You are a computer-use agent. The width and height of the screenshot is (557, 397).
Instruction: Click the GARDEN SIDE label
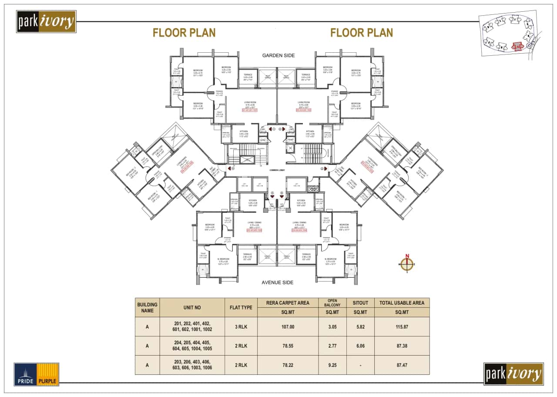tap(278, 55)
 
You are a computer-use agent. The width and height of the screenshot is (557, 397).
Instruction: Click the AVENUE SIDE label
tap(278, 282)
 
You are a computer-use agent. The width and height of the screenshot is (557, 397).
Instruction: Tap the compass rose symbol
tap(407, 264)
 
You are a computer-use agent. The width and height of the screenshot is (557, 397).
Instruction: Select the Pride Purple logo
tap(37, 374)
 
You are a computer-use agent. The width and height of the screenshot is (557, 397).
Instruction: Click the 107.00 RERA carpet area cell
tap(288, 327)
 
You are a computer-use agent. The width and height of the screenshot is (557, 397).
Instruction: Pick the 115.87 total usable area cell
tap(402, 327)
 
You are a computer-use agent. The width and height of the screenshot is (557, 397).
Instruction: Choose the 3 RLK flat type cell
tap(241, 327)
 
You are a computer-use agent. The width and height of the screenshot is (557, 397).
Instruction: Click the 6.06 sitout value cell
tap(360, 346)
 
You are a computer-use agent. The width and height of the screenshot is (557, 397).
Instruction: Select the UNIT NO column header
tap(192, 307)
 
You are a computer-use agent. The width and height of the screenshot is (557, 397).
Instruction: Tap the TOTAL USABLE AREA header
tap(402, 303)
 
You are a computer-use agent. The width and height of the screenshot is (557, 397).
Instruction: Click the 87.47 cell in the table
tap(402, 365)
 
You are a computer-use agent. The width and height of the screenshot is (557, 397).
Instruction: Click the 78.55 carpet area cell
tap(288, 346)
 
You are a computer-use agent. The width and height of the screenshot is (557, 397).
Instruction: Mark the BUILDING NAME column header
tap(147, 307)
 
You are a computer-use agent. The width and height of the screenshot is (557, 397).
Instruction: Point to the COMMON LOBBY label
tap(278, 170)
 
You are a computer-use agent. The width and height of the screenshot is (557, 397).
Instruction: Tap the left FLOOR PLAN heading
tap(184, 33)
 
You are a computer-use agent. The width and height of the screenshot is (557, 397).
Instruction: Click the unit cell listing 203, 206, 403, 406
tap(192, 365)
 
